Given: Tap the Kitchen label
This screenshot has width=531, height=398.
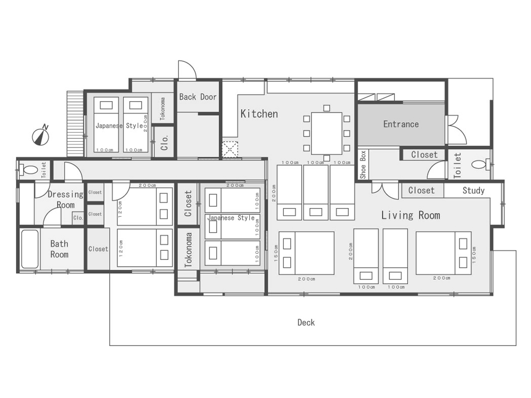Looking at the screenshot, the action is click(x=259, y=114).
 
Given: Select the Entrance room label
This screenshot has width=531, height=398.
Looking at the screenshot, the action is click(x=401, y=124).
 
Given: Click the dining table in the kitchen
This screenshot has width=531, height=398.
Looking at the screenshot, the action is click(x=326, y=133).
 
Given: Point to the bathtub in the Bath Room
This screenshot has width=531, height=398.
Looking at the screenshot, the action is click(x=30, y=249).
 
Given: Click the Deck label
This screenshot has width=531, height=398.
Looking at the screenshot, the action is click(x=306, y=323).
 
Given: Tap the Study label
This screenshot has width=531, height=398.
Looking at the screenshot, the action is click(x=473, y=191).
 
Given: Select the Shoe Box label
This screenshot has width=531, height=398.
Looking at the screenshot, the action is click(x=363, y=165).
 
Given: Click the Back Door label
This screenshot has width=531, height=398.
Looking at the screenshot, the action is click(x=197, y=97).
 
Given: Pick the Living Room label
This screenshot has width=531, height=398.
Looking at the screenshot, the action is click(x=411, y=215).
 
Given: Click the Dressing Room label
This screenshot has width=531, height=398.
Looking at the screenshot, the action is click(x=66, y=199).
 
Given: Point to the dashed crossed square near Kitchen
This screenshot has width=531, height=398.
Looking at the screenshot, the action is click(x=230, y=150).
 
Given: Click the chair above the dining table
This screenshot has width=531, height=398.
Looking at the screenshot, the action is click(x=326, y=108).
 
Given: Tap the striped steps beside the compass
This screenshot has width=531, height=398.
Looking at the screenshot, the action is click(x=75, y=124).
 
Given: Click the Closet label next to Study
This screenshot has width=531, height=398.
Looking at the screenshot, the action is click(x=421, y=190).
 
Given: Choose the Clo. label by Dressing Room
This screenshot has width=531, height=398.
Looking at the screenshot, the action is click(x=78, y=218).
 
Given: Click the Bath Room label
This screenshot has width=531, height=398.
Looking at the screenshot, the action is click(x=59, y=249).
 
